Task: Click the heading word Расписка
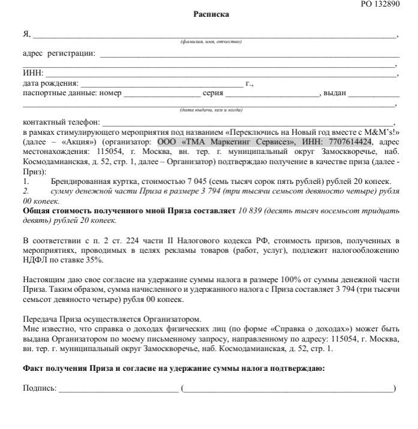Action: click(x=211, y=14)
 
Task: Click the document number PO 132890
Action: click(x=379, y=4)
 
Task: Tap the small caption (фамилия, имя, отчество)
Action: click(x=210, y=42)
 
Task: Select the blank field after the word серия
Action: click(x=273, y=95)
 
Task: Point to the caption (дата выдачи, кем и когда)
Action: click(x=210, y=110)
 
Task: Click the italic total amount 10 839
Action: click(x=251, y=211)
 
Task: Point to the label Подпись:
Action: click(x=39, y=388)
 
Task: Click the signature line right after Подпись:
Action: click(x=118, y=389)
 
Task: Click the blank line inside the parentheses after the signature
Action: click(x=288, y=389)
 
